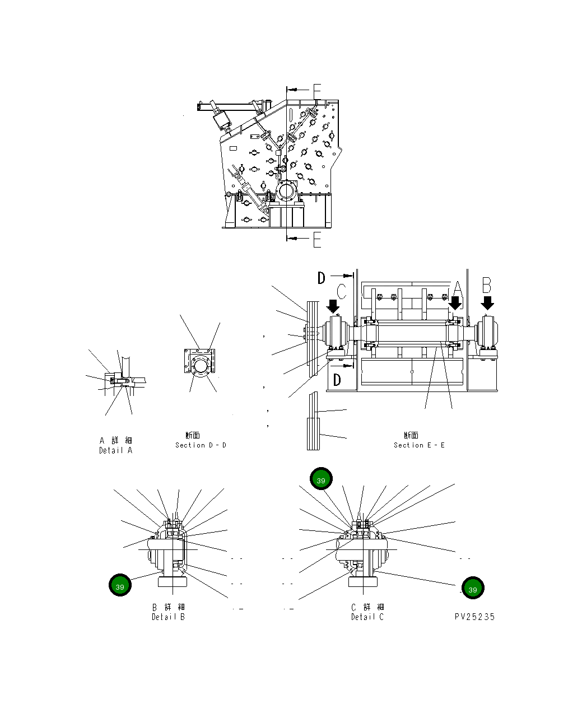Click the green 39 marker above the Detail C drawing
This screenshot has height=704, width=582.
coord(321,479)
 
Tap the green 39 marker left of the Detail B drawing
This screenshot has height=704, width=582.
coord(120,586)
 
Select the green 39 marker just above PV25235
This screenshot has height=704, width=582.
coord(472,589)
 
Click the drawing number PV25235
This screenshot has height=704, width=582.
coord(474,617)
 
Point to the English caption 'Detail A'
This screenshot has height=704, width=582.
coord(116,450)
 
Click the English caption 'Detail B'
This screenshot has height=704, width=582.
coord(168,617)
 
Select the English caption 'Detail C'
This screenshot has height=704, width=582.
coord(367,617)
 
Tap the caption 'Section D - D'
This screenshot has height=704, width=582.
coord(201,445)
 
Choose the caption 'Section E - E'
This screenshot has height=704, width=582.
coord(419,445)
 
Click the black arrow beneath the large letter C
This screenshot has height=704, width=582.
coord(333,306)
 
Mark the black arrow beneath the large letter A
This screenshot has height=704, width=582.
coord(455,303)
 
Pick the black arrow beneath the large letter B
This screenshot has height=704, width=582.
coord(488,303)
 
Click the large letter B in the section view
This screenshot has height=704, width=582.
coord(487,286)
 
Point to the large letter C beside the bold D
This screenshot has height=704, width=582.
coord(342,292)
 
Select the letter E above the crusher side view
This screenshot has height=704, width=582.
coord(317,91)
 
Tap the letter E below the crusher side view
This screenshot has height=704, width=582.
coord(317,240)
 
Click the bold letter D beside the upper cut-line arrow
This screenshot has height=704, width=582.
coord(322,278)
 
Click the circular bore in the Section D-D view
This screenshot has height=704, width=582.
coord(200,367)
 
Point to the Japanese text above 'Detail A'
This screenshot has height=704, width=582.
coord(116,441)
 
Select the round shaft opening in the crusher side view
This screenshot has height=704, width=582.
coord(286,192)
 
